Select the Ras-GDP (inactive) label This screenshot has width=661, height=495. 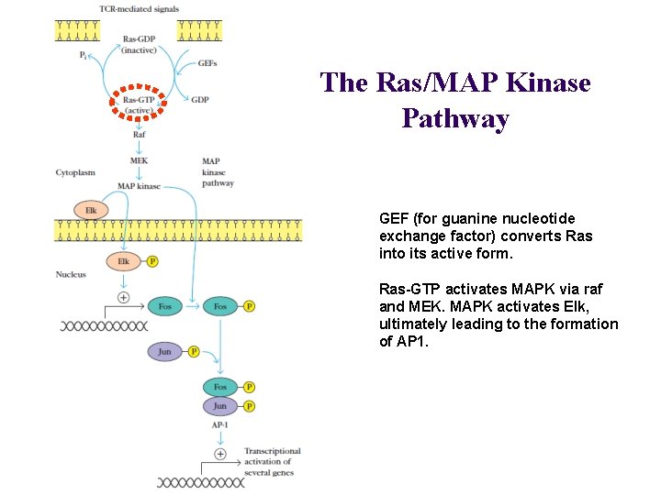(x=139, y=44)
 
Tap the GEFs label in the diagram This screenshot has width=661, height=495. (x=207, y=63)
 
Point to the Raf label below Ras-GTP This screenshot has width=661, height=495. (x=139, y=135)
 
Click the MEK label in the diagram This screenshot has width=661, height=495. (x=139, y=160)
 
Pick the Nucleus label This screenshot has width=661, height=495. (x=71, y=274)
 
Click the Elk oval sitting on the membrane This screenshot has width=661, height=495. (x=91, y=211)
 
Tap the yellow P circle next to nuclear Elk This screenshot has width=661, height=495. (x=152, y=261)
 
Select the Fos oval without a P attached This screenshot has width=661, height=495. (x=165, y=306)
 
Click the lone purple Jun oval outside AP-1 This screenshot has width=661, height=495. (x=165, y=351)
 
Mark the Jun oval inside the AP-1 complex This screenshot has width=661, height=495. (x=220, y=406)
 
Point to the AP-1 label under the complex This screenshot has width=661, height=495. (x=220, y=424)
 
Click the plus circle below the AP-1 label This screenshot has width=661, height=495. (x=220, y=454)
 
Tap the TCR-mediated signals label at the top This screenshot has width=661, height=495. (x=139, y=9)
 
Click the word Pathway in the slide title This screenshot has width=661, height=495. (x=455, y=119)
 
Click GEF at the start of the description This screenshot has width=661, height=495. (x=394, y=219)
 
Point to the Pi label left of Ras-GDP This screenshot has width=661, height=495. (x=84, y=55)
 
